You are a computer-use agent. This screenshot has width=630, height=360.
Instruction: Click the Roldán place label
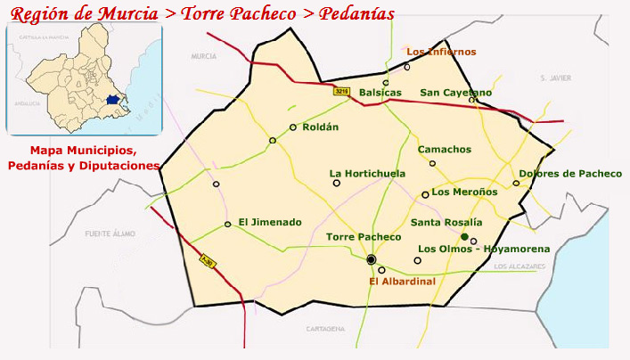(x=321, y=127)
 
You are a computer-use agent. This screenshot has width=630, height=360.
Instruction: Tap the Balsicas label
(x=380, y=92)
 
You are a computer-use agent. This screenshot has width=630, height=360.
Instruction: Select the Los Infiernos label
(x=441, y=52)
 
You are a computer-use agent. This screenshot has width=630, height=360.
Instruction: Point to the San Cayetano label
(x=455, y=92)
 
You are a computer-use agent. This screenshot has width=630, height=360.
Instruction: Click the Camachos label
(x=445, y=150)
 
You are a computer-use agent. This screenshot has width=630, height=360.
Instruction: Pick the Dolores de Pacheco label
(x=569, y=174)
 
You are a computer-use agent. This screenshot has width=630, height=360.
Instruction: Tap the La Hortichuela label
(x=367, y=173)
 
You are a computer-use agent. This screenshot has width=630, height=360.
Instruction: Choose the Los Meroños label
(x=464, y=192)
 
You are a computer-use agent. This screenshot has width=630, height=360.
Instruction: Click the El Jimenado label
(x=269, y=222)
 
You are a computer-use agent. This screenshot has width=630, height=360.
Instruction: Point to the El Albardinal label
(x=402, y=282)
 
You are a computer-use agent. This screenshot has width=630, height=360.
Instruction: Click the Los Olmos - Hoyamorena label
(x=484, y=249)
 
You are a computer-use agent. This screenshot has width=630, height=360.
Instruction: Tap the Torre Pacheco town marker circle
(x=372, y=259)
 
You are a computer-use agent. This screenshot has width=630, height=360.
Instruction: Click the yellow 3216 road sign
(x=341, y=91)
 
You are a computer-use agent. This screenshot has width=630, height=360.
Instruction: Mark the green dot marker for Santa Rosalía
(x=464, y=236)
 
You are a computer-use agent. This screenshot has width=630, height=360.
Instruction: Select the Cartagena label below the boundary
(x=324, y=329)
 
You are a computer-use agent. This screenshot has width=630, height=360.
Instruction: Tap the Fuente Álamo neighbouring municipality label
(x=110, y=233)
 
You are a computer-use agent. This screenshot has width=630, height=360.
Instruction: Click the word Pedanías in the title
(x=351, y=15)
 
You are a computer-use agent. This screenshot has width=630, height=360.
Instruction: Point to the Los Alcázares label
(x=519, y=266)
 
